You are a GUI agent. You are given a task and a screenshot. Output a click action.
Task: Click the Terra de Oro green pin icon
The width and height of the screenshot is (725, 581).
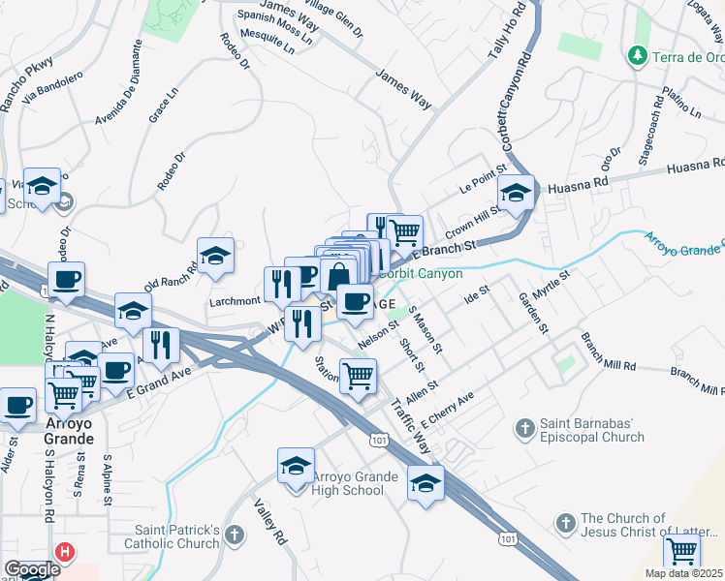[637, 55]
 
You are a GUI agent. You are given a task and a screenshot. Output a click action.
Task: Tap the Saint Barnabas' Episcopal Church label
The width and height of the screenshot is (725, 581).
[591, 429]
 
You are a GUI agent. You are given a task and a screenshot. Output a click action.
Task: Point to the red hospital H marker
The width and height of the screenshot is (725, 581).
[65, 553]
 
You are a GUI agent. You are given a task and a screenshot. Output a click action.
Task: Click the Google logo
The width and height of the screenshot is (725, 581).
[32, 569]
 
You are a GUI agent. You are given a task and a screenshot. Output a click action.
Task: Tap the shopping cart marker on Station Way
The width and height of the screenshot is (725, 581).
[358, 376]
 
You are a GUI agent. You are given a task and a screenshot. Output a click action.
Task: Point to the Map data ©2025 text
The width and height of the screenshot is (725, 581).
[683, 573]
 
